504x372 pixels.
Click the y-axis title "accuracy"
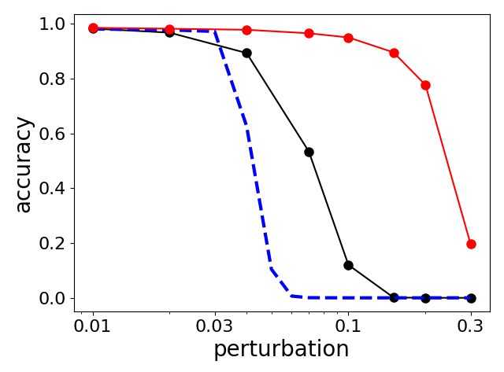pos(24,164)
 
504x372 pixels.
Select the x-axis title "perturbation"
pos(281,350)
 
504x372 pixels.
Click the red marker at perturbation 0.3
pos(471,244)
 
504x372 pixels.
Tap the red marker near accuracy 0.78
pos(425,85)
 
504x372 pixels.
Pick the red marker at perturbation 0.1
pos(348,38)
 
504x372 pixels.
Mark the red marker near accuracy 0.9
pos(394,53)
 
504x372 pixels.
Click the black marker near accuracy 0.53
pos(309,152)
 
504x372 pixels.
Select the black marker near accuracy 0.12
pos(348,265)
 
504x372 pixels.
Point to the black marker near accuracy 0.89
pos(246,53)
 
